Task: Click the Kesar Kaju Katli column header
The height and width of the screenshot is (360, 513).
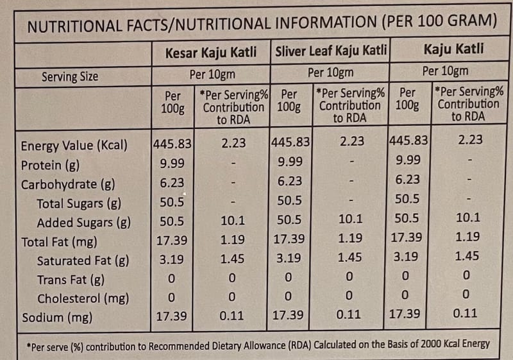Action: [211, 53]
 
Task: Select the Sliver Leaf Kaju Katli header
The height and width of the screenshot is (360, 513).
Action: [331, 51]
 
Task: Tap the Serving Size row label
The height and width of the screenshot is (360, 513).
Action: [70, 76]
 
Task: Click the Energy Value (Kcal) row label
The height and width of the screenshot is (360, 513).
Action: [74, 145]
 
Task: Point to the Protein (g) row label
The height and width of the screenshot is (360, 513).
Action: [50, 166]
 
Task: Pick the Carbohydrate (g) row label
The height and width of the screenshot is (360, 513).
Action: [68, 185]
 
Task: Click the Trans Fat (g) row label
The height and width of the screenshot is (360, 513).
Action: [71, 280]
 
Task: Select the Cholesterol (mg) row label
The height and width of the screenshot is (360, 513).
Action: [83, 298]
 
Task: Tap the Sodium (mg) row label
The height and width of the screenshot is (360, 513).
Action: [57, 318]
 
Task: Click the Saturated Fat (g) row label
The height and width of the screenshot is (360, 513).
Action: [83, 261]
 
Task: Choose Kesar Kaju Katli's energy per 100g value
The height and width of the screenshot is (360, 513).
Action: [172, 144]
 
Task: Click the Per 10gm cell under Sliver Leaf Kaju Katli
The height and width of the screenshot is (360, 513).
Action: [330, 73]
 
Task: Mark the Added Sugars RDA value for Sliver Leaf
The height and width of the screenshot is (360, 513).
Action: [350, 219]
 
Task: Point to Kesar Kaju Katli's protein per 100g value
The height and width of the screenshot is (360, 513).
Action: [172, 163]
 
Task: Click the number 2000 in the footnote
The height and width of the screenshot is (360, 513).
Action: [431, 344]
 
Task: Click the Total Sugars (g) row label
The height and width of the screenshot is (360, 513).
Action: [79, 203]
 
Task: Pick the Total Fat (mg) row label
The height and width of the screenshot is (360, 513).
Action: [59, 242]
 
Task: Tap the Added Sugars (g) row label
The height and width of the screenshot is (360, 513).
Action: [84, 223]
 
